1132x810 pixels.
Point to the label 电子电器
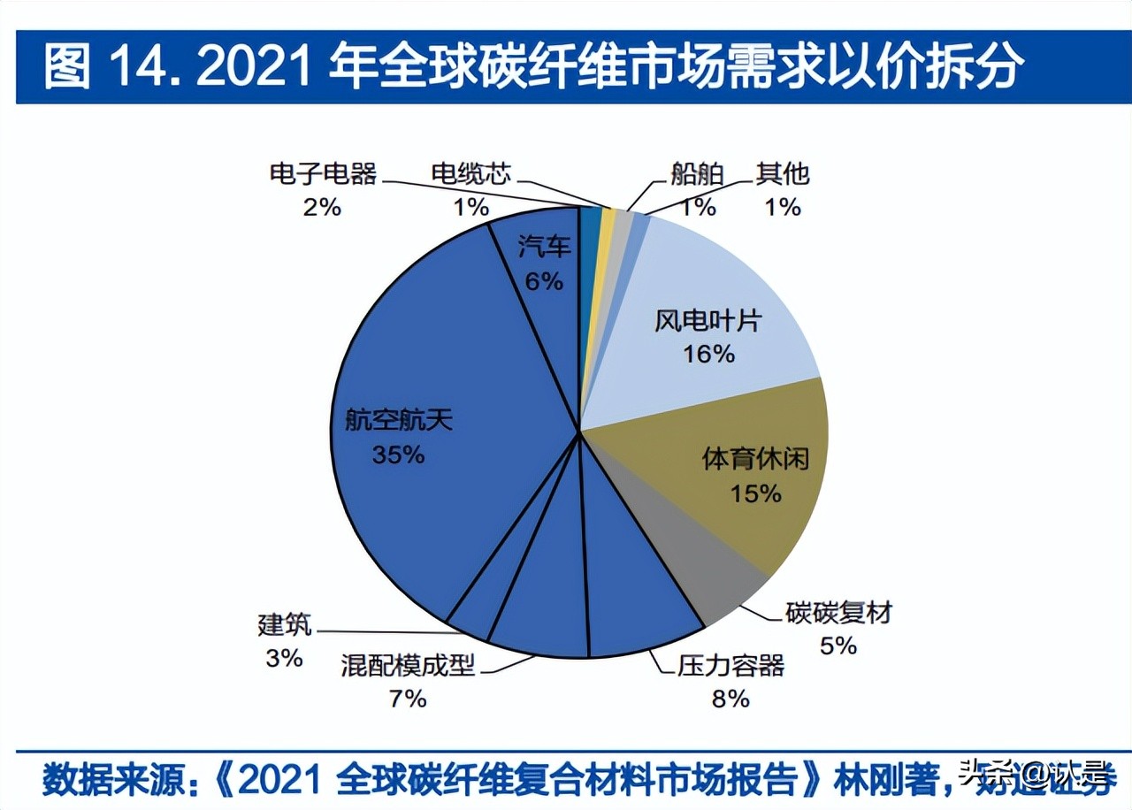324,173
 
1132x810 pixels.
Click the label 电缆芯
471,173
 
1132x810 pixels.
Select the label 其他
782,173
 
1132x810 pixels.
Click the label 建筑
285,624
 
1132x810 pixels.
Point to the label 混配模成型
408,665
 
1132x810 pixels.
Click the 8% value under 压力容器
730,699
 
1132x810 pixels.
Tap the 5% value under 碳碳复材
838,646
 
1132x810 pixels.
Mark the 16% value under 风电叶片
708,354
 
